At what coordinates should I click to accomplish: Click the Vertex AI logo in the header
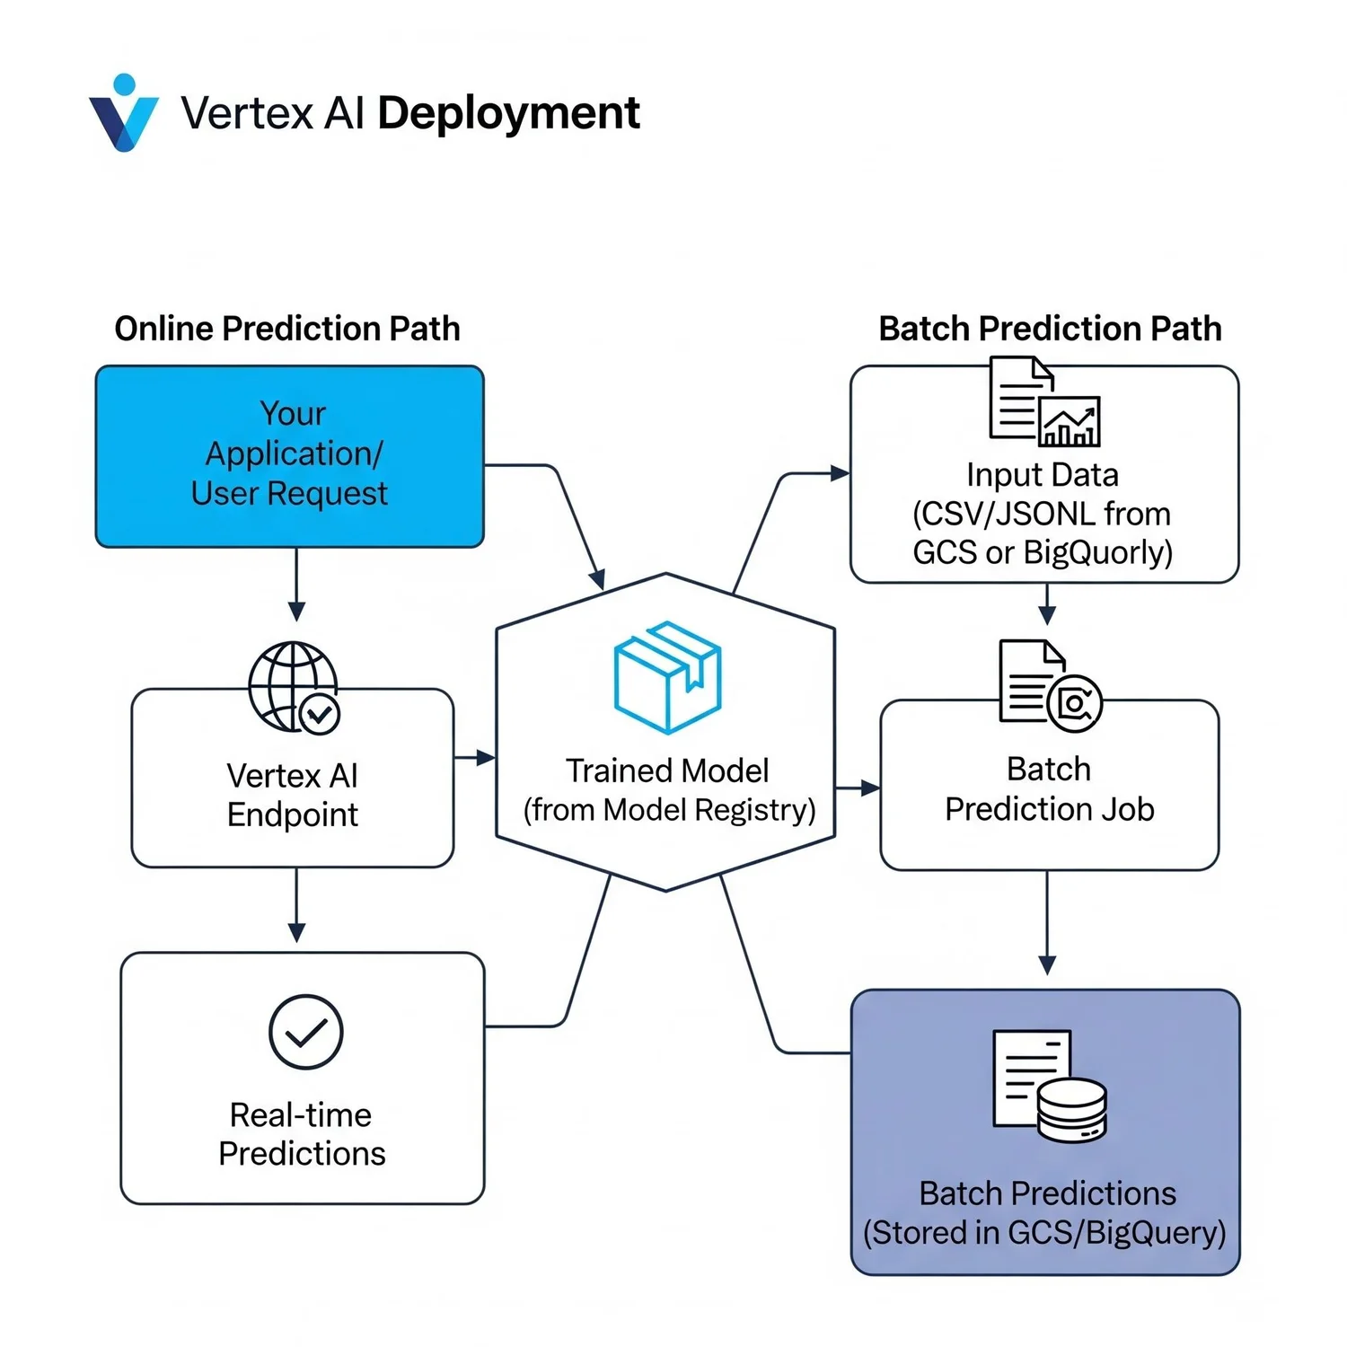click(124, 114)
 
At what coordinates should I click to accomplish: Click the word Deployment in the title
click(508, 114)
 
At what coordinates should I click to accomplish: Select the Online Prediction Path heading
click(286, 329)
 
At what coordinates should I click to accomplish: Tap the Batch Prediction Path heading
click(1050, 329)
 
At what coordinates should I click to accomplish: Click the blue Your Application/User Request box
click(289, 455)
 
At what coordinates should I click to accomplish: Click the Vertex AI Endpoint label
click(292, 795)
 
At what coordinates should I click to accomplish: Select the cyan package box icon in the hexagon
click(667, 676)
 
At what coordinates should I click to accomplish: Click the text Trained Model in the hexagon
click(667, 770)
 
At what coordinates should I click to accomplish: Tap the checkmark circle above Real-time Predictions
click(305, 1032)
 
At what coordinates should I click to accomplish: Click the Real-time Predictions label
click(302, 1134)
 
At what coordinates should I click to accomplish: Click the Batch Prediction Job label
click(1049, 789)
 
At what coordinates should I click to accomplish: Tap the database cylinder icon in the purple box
click(1072, 1109)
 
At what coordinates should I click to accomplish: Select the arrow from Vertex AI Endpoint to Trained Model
click(474, 758)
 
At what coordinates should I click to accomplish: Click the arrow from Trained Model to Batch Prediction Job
click(858, 788)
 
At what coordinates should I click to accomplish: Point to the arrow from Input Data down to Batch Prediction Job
click(1047, 604)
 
